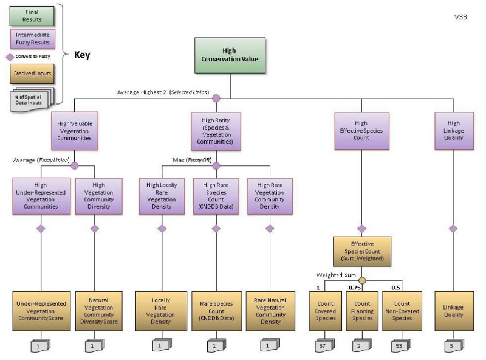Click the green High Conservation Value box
[230, 55]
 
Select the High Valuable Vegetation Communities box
[75, 131]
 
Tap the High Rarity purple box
[216, 131]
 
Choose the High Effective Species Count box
[361, 131]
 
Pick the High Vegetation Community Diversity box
[98, 196]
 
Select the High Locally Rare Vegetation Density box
[162, 196]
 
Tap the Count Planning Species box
[362, 311]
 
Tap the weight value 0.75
[354, 288]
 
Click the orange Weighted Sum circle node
[362, 280]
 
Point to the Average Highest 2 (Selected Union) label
[163, 92]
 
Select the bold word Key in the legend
[82, 55]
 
